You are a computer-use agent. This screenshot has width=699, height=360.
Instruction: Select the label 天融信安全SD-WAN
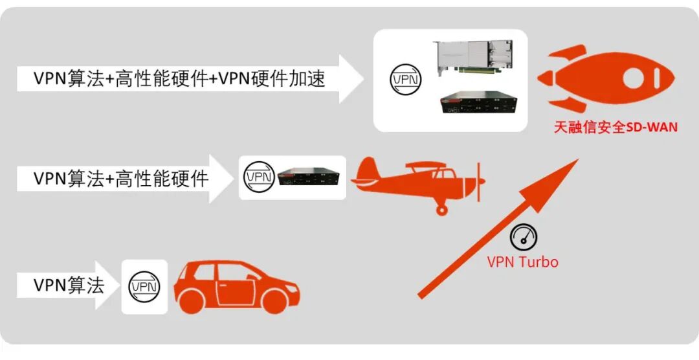point(616,128)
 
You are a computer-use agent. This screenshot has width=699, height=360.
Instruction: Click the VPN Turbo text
point(522,262)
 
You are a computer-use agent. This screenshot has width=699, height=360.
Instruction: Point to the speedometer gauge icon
point(523,238)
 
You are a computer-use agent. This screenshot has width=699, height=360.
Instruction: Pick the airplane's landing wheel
point(442,208)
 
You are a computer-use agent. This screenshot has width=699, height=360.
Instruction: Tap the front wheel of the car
point(276,301)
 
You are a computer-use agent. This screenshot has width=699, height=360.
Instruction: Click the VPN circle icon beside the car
point(144,286)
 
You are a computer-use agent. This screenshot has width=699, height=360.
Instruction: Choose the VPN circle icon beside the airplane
point(259,176)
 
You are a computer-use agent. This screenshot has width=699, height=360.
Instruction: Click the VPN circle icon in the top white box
point(406,80)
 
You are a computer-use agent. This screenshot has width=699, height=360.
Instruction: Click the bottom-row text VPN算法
point(69,285)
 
